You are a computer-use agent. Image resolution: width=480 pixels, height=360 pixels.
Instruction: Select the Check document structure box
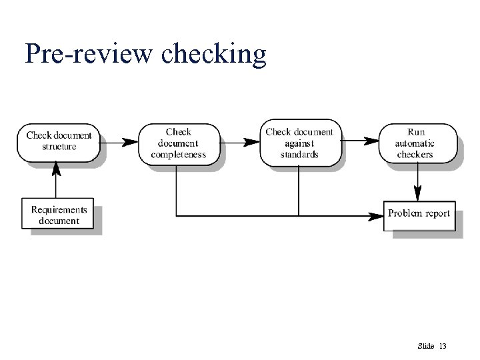(x=59, y=141)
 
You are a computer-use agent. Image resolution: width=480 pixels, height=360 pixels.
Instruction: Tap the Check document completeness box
(x=178, y=143)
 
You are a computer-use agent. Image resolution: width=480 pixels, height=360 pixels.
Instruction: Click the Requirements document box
(x=59, y=215)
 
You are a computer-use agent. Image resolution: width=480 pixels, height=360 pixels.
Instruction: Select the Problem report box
(x=419, y=214)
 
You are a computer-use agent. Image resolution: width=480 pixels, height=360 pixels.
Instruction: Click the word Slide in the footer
(x=425, y=346)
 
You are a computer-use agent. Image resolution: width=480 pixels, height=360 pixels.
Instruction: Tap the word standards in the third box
(x=299, y=155)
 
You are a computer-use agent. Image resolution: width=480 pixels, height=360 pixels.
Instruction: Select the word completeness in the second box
(x=178, y=155)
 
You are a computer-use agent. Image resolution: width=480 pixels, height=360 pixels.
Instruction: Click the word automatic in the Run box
(x=415, y=143)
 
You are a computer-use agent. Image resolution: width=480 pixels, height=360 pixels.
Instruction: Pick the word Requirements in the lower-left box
(x=59, y=209)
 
